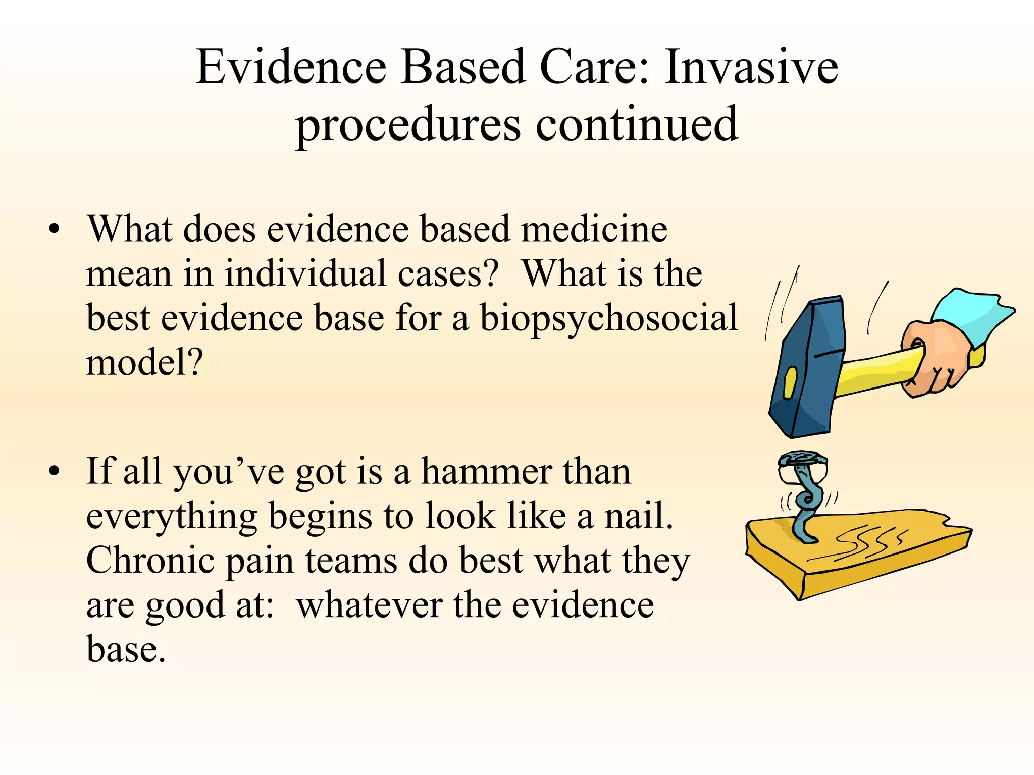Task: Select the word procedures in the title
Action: pyautogui.click(x=408, y=125)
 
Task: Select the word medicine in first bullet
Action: pyautogui.click(x=594, y=230)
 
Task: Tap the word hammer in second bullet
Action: pyautogui.click(x=486, y=472)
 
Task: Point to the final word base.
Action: pyautogui.click(x=126, y=649)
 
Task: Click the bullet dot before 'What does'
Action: pyautogui.click(x=55, y=230)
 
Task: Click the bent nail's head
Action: pyautogui.click(x=802, y=459)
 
